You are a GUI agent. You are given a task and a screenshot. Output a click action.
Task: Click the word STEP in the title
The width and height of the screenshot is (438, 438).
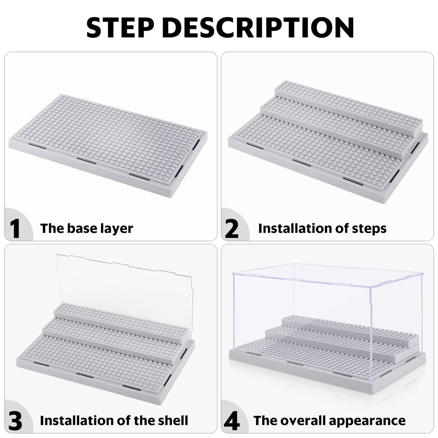(121, 27)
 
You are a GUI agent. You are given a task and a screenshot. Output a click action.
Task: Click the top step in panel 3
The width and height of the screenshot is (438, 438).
(120, 320)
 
